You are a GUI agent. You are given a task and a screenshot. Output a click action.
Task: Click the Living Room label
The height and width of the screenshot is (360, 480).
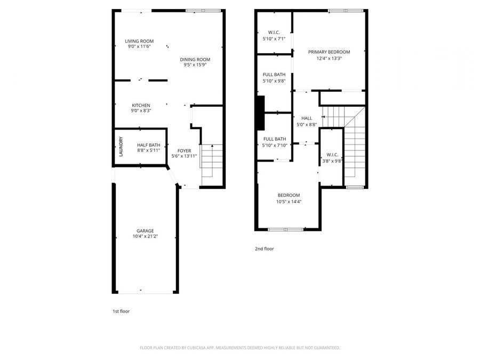[139, 41]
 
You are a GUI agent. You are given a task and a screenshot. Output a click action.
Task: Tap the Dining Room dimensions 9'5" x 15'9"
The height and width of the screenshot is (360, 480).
[195, 65]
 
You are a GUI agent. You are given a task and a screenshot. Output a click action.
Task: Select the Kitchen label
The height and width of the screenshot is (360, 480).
[141, 105]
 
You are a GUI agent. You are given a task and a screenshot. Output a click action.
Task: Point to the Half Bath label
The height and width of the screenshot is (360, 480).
[148, 145]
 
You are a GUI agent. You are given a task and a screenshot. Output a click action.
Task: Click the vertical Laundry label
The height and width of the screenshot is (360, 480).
[121, 147]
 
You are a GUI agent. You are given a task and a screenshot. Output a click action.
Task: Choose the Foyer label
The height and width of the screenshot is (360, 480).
[184, 151]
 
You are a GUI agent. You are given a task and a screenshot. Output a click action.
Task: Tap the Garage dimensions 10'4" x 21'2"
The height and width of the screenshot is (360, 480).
[145, 236]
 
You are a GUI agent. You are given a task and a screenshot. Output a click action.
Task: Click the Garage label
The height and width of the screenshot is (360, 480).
[145, 230]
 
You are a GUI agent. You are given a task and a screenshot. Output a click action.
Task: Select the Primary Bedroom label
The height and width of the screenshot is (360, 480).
[329, 52]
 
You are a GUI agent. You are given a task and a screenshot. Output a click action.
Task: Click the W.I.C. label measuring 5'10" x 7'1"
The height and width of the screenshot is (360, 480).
[274, 33]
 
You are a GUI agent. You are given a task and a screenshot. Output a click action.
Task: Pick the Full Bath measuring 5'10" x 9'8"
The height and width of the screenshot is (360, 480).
[274, 75]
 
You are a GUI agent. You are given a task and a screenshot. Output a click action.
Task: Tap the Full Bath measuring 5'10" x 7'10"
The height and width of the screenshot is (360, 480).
[274, 139]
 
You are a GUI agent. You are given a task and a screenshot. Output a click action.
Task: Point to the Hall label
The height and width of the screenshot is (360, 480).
[307, 118]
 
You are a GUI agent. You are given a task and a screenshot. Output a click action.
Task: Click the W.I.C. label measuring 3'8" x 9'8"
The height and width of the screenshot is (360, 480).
[331, 155]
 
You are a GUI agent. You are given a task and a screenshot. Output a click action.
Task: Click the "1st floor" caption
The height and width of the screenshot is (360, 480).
[121, 311]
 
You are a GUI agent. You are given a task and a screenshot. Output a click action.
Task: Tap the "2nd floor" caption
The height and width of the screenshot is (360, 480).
[264, 249]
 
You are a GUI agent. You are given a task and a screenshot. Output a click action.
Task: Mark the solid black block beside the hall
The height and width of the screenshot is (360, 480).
[260, 113]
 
